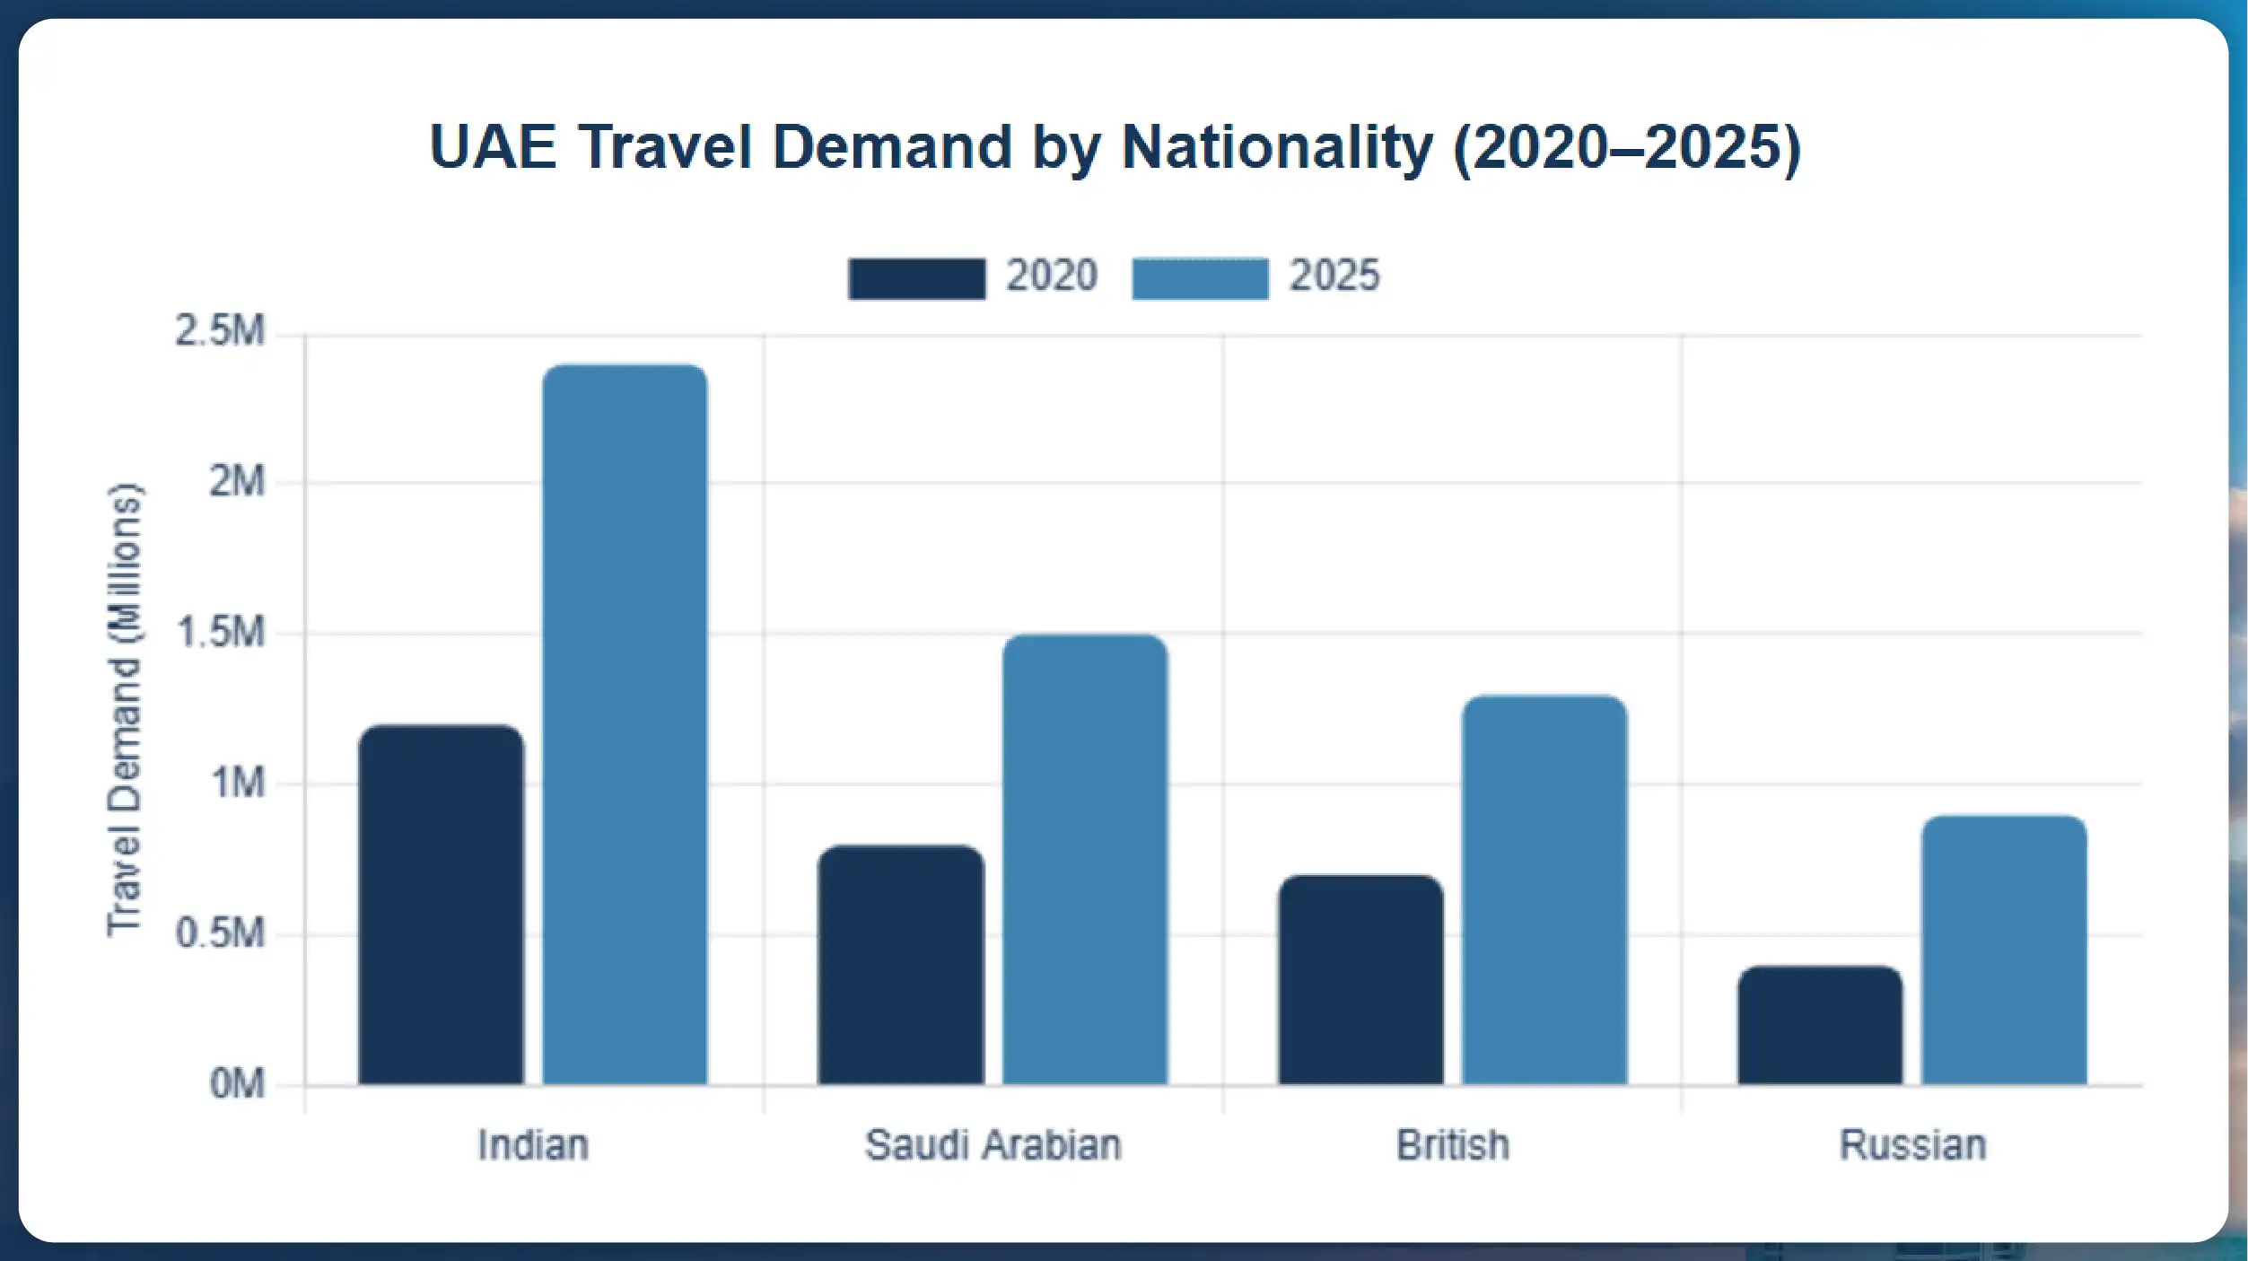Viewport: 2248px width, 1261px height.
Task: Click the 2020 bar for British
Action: click(1360, 980)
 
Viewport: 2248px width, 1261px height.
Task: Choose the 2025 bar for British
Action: click(1544, 890)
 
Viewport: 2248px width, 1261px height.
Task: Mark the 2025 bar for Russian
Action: click(2004, 950)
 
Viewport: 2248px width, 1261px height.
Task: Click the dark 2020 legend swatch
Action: click(916, 278)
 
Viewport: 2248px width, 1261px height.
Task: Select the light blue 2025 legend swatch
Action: click(1200, 278)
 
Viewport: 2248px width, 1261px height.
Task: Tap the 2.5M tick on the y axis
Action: click(220, 331)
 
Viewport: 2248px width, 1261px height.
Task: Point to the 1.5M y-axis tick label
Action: click(220, 633)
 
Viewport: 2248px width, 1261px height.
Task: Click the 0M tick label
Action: click(237, 1084)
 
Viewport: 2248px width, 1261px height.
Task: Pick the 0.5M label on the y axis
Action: click(220, 933)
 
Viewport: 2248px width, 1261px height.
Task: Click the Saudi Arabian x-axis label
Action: click(993, 1145)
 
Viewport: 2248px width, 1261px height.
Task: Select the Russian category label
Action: click(1912, 1145)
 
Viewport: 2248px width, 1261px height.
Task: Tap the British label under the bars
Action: click(1453, 1145)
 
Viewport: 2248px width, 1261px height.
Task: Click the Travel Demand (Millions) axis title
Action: click(124, 710)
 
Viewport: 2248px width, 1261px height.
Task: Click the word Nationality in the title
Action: click(1277, 146)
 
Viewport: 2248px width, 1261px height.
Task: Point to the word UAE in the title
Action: click(493, 146)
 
